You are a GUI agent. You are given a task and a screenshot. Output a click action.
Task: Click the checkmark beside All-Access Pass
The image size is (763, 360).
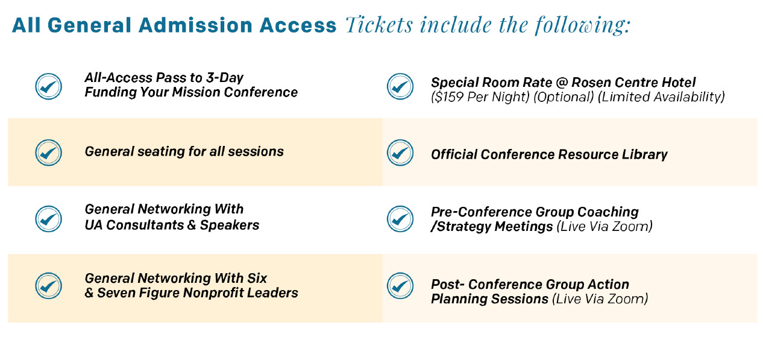point(48,87)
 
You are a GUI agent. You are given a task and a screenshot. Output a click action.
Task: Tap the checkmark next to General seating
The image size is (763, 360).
point(48,153)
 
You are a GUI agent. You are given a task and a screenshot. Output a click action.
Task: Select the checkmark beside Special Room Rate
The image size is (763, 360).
point(400,87)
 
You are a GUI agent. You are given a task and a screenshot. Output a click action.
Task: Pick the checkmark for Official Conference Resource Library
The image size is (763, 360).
point(400,153)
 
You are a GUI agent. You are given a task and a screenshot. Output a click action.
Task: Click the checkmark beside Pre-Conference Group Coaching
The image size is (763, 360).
point(400,219)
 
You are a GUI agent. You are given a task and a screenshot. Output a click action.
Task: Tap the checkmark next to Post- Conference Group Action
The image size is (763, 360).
point(400,286)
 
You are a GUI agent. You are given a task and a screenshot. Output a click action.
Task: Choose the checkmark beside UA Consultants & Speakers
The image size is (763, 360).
point(48,219)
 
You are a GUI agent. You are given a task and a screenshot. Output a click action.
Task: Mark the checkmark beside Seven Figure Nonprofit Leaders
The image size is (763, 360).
point(48,286)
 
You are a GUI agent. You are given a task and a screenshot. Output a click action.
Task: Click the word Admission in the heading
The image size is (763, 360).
point(195,25)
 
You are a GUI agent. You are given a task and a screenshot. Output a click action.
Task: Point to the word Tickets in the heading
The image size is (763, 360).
point(379,25)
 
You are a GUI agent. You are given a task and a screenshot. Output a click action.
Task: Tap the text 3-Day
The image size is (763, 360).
point(224,78)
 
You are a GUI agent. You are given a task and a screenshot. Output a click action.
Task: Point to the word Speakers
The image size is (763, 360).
point(230,226)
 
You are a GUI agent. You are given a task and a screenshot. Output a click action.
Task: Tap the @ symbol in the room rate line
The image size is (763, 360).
point(561,83)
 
